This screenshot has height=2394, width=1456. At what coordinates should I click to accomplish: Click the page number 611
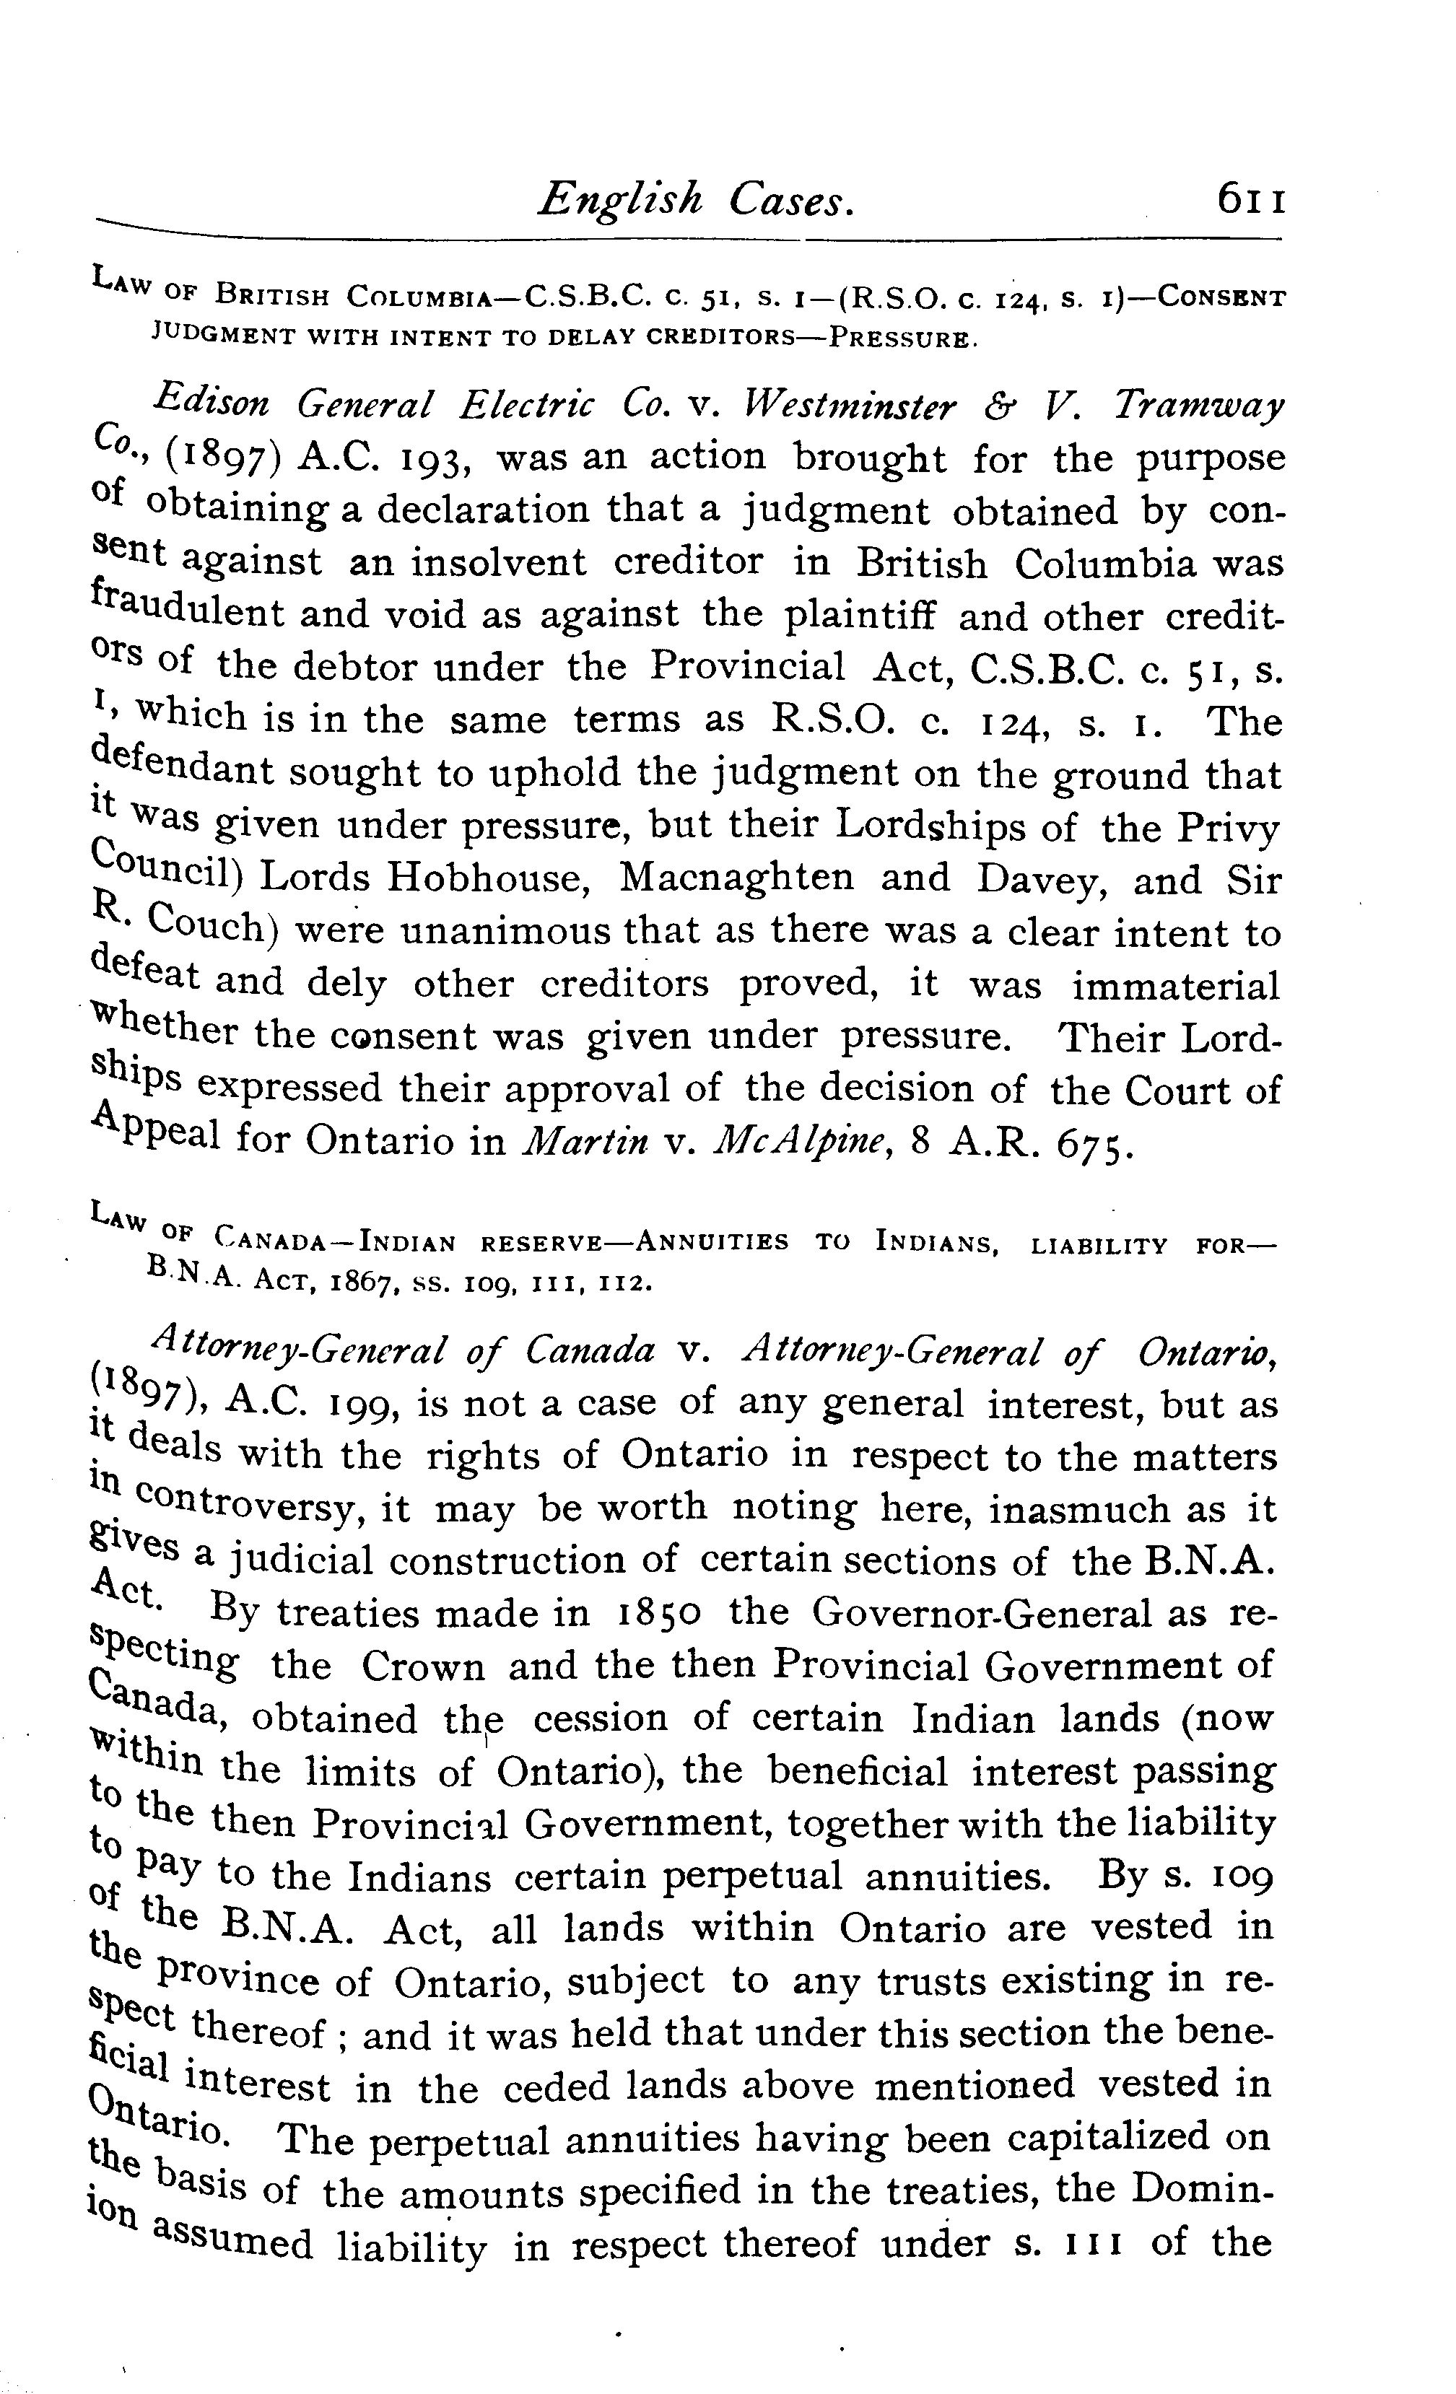point(1252,201)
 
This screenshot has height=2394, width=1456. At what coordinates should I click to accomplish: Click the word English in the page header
point(621,200)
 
